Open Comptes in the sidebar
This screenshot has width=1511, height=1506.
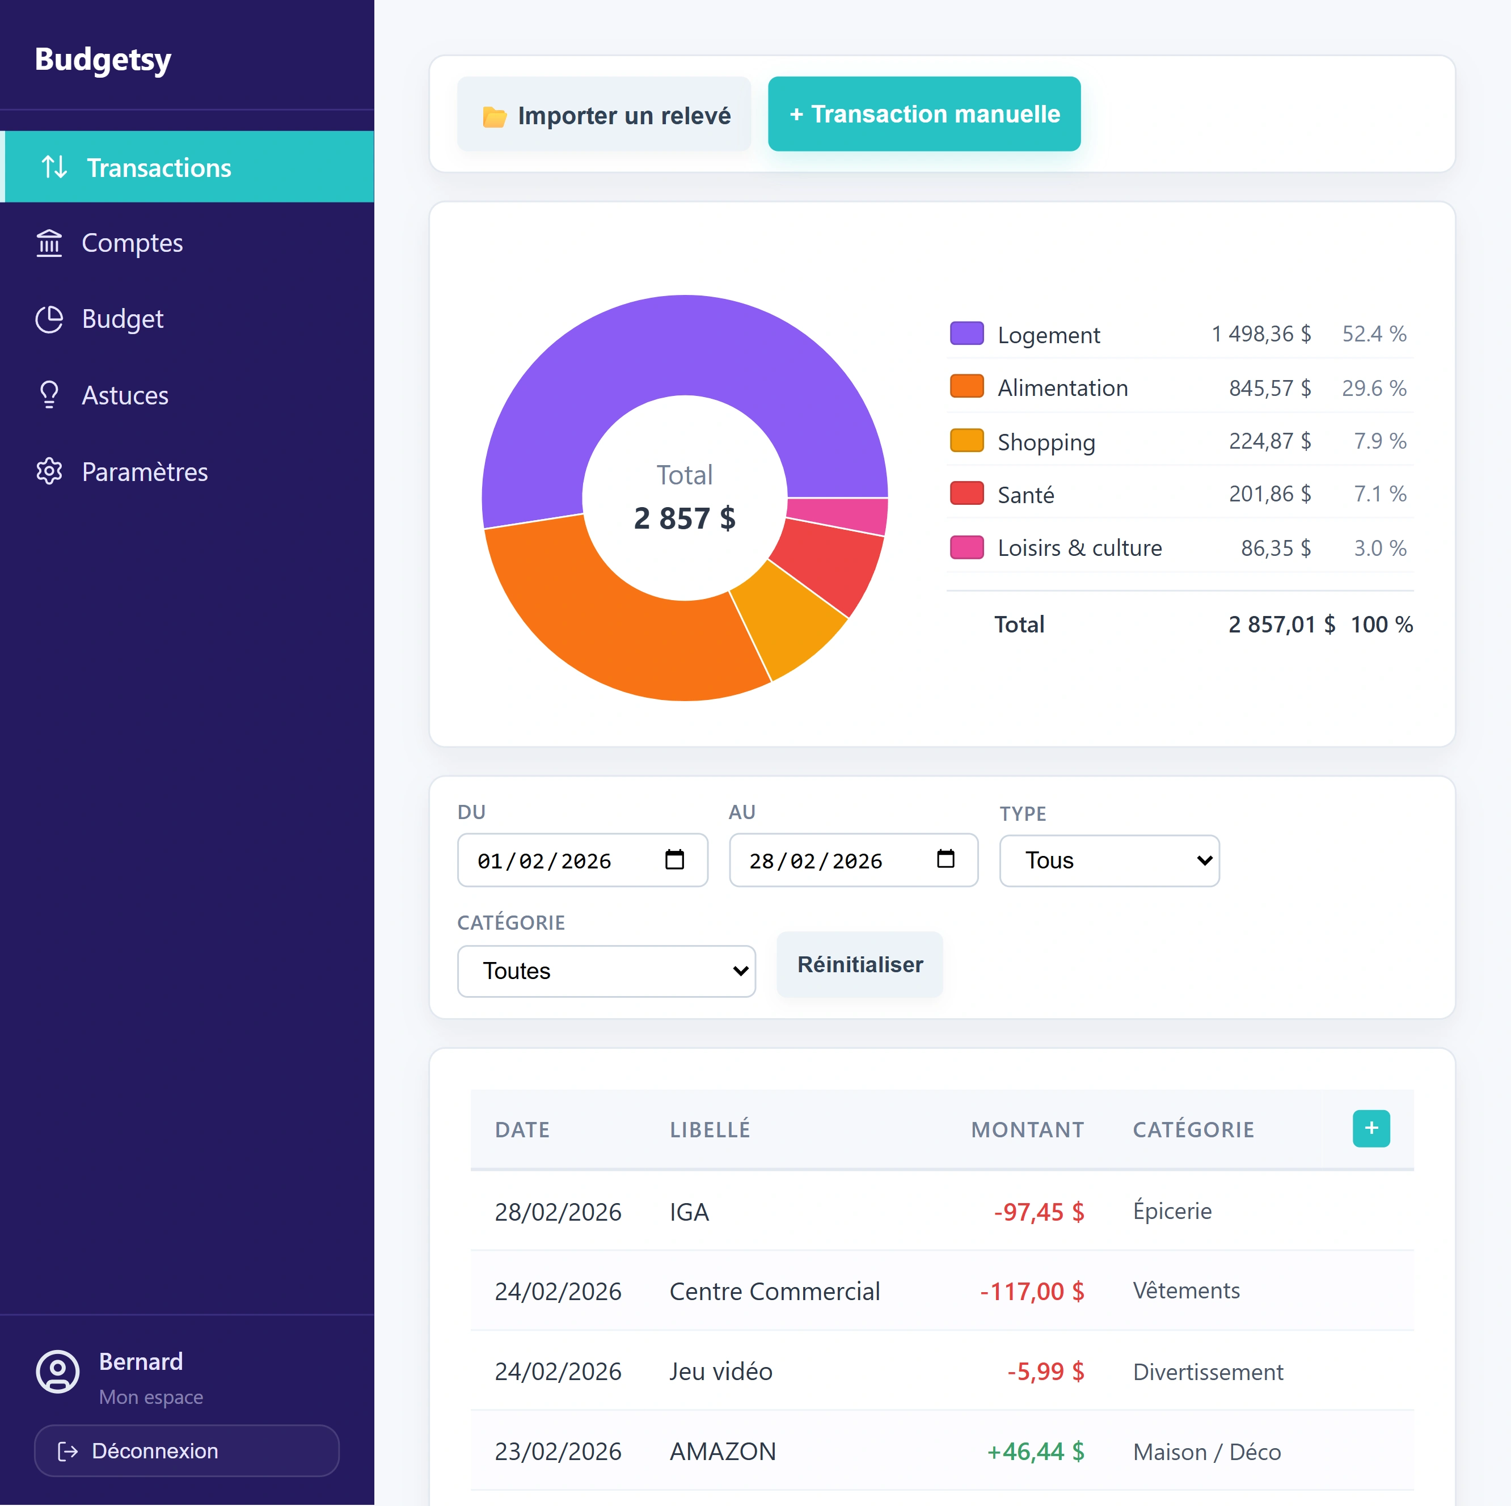point(132,243)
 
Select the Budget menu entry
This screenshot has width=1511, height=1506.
point(122,319)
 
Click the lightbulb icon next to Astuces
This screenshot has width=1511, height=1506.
point(49,395)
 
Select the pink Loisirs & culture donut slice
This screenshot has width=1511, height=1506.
point(837,516)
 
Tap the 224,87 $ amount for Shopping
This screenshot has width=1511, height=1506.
point(1269,441)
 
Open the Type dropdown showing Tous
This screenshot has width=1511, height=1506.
point(1108,860)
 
